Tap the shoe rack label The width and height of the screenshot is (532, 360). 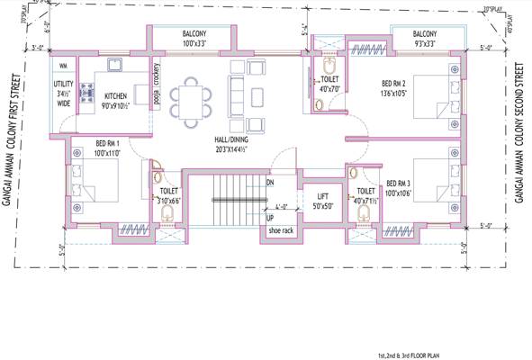coord(281,230)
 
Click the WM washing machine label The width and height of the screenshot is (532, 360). coord(62,67)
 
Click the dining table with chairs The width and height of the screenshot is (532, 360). coord(192,94)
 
